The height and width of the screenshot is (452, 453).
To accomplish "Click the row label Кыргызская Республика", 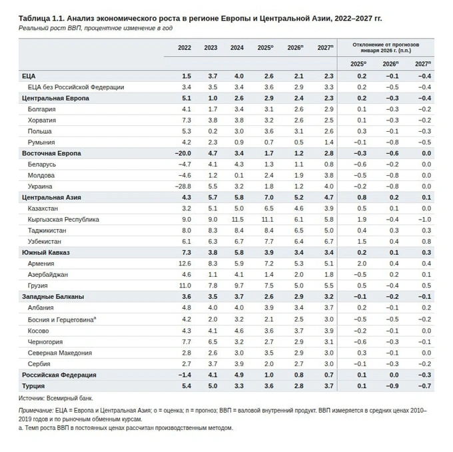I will coord(63,220).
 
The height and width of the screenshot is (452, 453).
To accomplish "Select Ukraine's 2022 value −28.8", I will coord(183,186).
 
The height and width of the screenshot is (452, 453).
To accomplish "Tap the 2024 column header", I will coord(237,48).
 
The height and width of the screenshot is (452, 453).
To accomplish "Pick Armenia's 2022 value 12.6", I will coord(185,264).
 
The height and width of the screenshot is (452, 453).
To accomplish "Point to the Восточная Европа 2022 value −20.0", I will coord(181,153).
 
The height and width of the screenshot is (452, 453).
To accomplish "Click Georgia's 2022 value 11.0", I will coord(185,286).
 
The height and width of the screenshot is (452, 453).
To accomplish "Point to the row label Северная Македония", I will coord(60,353).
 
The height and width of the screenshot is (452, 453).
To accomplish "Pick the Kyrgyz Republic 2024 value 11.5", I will coord(237,220).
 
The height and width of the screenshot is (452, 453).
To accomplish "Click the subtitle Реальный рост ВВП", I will coord(95,29).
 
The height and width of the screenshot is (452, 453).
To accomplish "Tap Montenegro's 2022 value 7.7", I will coord(187,341).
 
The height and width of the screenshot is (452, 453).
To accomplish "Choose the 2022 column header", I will coord(185,48).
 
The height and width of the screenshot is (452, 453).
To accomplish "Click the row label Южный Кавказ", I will coord(45,253).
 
